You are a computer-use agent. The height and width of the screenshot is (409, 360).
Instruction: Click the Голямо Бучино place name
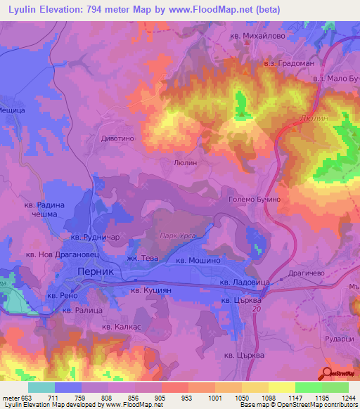(x=255, y=200)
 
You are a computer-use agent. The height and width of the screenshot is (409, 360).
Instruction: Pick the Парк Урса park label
(x=177, y=237)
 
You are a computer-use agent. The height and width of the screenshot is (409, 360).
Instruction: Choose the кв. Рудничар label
(x=93, y=237)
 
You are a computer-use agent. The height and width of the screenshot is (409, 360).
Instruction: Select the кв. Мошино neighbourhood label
(x=199, y=260)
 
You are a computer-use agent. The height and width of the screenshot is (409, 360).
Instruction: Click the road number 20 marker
(x=256, y=310)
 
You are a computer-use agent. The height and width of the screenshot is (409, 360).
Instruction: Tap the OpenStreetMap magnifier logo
(x=326, y=374)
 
